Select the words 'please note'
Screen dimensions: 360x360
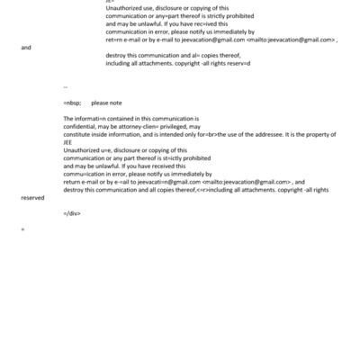click(x=106, y=103)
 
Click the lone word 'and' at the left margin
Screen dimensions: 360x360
click(x=26, y=48)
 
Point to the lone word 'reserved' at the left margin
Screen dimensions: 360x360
click(x=33, y=194)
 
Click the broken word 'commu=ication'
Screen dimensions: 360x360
click(x=88, y=173)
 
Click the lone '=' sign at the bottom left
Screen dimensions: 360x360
click(x=22, y=229)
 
